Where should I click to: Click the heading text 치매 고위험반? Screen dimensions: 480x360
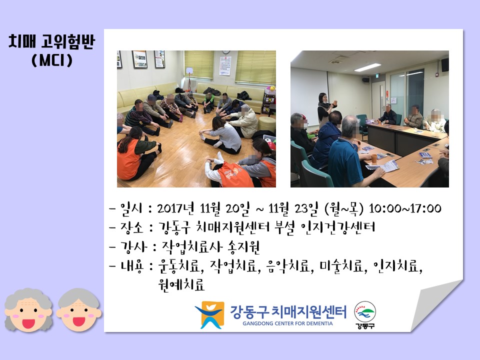coord(51,41)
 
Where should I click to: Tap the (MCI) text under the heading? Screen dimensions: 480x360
coord(52,60)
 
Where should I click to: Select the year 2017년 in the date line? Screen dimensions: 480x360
coord(175,208)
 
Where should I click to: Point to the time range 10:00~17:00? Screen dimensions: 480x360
coord(405,208)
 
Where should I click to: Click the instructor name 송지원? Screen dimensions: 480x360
coord(243,246)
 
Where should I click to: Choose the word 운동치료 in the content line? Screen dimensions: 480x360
coord(179,266)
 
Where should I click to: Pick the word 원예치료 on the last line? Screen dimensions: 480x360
coord(181,284)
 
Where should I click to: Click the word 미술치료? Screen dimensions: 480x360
coord(341,266)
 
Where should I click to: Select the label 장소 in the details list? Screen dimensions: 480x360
coord(131,227)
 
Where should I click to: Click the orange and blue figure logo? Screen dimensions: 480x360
coord(210,314)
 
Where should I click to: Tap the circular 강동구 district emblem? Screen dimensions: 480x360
coord(365,314)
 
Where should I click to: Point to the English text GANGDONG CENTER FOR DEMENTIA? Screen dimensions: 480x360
coord(287,323)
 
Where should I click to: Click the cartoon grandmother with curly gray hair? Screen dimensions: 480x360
coord(28,310)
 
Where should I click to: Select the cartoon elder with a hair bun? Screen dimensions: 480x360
coord(79,310)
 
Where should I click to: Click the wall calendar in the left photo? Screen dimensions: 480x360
coord(225,65)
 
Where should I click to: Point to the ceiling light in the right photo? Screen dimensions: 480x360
coord(367,67)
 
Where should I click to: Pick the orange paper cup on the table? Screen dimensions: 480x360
coord(374,158)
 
